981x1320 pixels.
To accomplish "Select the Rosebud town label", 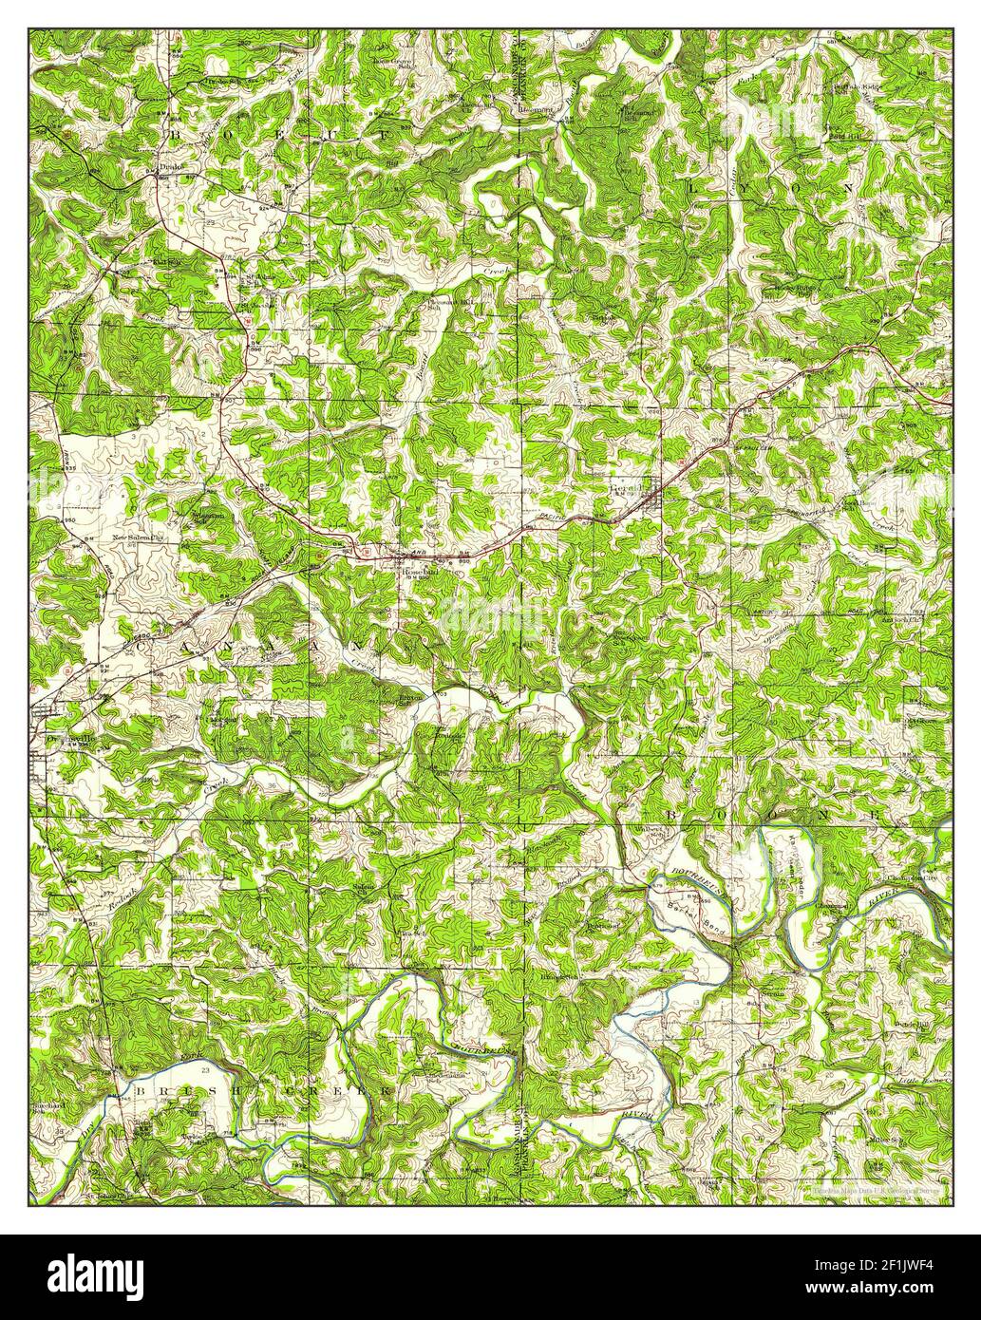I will [x=422, y=574].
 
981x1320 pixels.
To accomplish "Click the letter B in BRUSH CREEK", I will [x=140, y=1092].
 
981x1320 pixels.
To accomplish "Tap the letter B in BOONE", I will [x=670, y=816].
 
